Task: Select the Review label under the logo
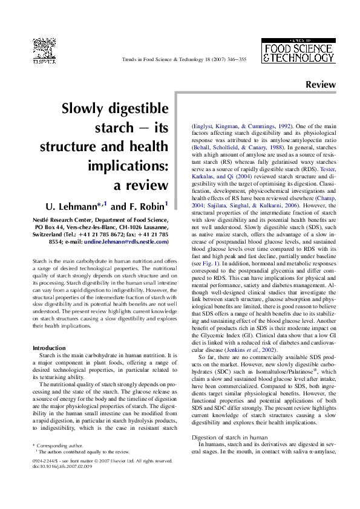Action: click(320, 85)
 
